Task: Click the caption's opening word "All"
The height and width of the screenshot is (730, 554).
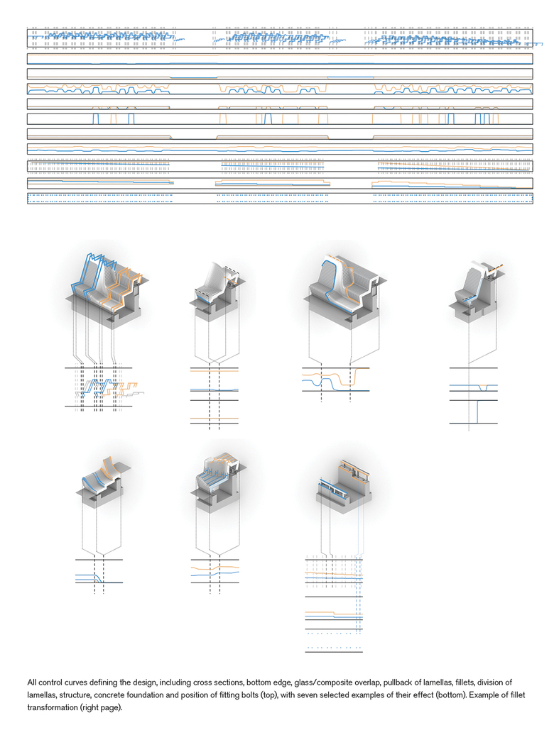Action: pyautogui.click(x=32, y=682)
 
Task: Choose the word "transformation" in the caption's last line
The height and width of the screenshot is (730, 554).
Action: pyautogui.click(x=52, y=708)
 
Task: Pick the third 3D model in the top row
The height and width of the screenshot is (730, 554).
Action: pyautogui.click(x=347, y=291)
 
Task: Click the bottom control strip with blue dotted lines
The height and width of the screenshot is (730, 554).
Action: pyautogui.click(x=280, y=199)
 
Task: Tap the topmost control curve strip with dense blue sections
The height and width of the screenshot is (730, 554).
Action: pyautogui.click(x=280, y=38)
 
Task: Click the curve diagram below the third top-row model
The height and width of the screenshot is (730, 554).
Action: pyautogui.click(x=335, y=380)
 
